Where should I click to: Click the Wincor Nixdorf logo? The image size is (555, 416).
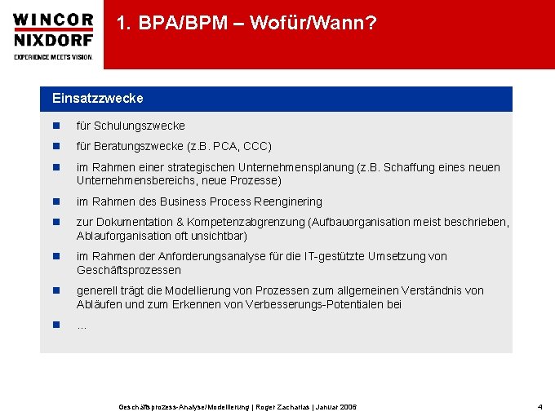(x=53, y=29)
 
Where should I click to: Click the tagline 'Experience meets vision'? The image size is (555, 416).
(x=53, y=57)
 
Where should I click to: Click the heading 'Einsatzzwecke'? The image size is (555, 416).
(x=97, y=98)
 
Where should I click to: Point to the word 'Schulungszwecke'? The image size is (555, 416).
(x=140, y=126)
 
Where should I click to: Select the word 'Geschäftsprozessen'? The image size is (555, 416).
(x=129, y=270)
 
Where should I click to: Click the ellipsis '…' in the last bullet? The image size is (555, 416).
(x=82, y=325)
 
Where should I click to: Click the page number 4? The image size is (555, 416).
(x=539, y=406)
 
